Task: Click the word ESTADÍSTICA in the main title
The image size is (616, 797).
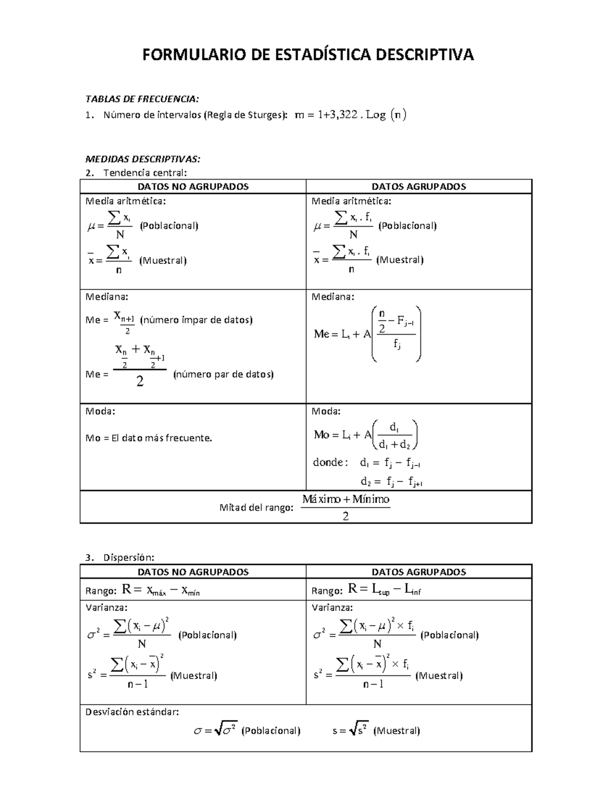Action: click(311, 54)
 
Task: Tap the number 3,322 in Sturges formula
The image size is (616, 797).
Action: click(341, 115)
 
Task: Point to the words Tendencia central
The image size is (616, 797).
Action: click(145, 172)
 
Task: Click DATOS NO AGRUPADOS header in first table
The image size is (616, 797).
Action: click(193, 187)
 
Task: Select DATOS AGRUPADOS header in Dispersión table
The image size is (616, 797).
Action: click(418, 572)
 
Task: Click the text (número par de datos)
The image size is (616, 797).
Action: click(223, 374)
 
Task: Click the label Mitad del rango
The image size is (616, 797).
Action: click(256, 508)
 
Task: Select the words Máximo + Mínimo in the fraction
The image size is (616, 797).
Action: click(345, 499)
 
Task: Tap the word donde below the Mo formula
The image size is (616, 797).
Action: click(329, 462)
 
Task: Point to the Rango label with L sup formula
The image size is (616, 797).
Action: click(326, 591)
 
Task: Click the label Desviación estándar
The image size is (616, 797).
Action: click(132, 712)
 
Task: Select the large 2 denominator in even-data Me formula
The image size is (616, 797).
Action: click(140, 381)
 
